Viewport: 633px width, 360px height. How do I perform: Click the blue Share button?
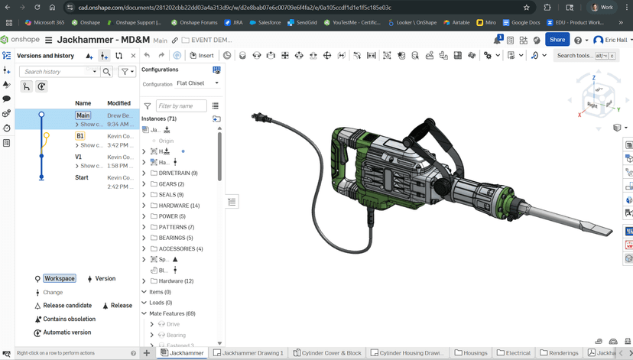click(557, 40)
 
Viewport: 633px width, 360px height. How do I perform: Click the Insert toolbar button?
click(202, 56)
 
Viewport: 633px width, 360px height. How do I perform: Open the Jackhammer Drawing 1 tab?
click(248, 353)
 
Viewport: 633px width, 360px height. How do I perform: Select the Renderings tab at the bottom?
click(559, 353)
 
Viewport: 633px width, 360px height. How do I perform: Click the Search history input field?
click(57, 72)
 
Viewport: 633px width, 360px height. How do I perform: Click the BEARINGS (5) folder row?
click(177, 238)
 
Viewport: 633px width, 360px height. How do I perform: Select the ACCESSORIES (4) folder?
click(180, 248)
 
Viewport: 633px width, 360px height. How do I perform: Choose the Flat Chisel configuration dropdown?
click(197, 83)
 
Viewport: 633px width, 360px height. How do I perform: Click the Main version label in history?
click(83, 115)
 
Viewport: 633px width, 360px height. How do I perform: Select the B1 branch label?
click(80, 136)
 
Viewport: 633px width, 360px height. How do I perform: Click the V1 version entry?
click(78, 157)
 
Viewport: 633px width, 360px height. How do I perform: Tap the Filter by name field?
click(180, 106)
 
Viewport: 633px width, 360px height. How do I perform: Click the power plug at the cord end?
click(259, 118)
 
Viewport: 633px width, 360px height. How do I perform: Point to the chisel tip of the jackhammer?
click(609, 231)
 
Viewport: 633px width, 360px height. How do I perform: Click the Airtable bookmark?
click(456, 23)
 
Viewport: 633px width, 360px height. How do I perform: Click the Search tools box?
click(579, 56)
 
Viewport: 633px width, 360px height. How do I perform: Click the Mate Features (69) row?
click(172, 313)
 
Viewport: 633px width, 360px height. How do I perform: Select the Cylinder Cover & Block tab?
click(330, 353)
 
